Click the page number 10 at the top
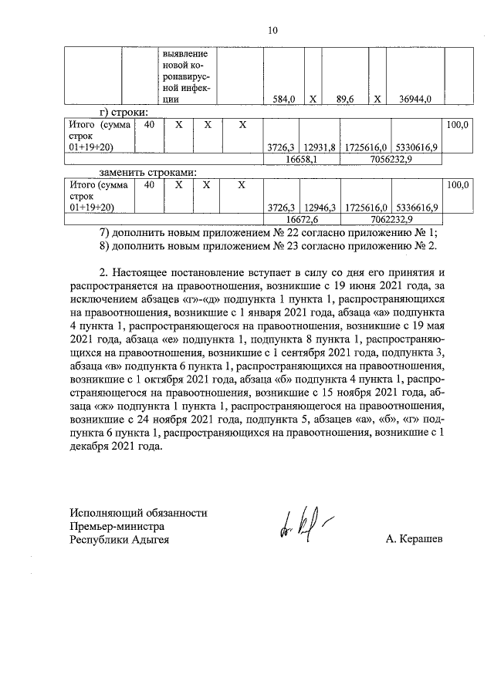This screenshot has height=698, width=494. [x=272, y=31]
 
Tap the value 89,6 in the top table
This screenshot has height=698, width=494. [x=344, y=99]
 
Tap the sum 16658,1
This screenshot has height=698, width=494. [x=303, y=158]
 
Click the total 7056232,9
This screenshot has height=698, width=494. [x=392, y=158]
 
